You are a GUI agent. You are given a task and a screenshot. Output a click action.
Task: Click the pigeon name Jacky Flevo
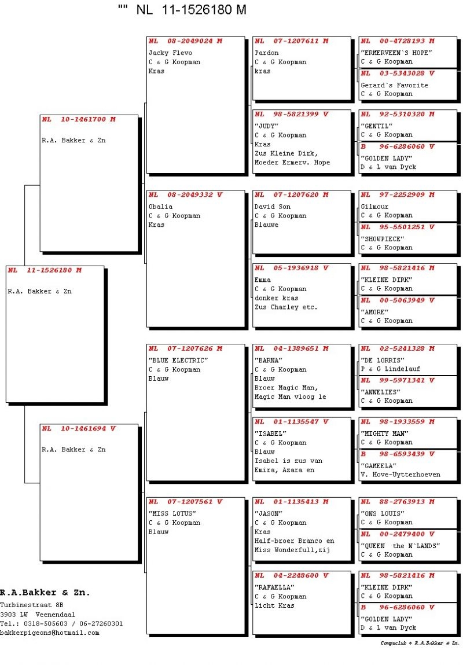[166, 53]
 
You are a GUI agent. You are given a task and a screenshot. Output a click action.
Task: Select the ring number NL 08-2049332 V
[185, 195]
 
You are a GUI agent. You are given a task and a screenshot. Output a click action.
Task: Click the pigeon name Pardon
[266, 53]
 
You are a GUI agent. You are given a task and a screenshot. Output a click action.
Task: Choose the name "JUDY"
[267, 126]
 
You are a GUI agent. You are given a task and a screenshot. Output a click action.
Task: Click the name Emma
[263, 280]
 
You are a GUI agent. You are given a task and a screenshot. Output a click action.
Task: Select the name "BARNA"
[269, 360]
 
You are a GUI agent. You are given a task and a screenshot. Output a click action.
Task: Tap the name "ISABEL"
[270, 433]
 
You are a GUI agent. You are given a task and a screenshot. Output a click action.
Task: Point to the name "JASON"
[269, 513]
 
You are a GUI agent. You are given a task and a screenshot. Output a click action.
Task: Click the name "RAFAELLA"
[274, 587]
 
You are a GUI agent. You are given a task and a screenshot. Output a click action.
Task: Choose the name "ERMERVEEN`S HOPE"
[396, 53]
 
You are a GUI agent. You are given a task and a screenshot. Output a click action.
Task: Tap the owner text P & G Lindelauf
[391, 369]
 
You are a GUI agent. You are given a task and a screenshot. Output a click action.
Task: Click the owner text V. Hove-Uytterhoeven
[400, 475]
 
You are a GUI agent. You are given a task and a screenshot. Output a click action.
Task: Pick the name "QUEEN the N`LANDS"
[400, 546]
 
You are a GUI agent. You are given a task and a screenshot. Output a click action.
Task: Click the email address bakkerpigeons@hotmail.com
[50, 633]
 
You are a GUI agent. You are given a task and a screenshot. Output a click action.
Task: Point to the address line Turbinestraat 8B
[32, 605]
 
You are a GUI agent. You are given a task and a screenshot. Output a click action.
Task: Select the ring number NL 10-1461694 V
[79, 429]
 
